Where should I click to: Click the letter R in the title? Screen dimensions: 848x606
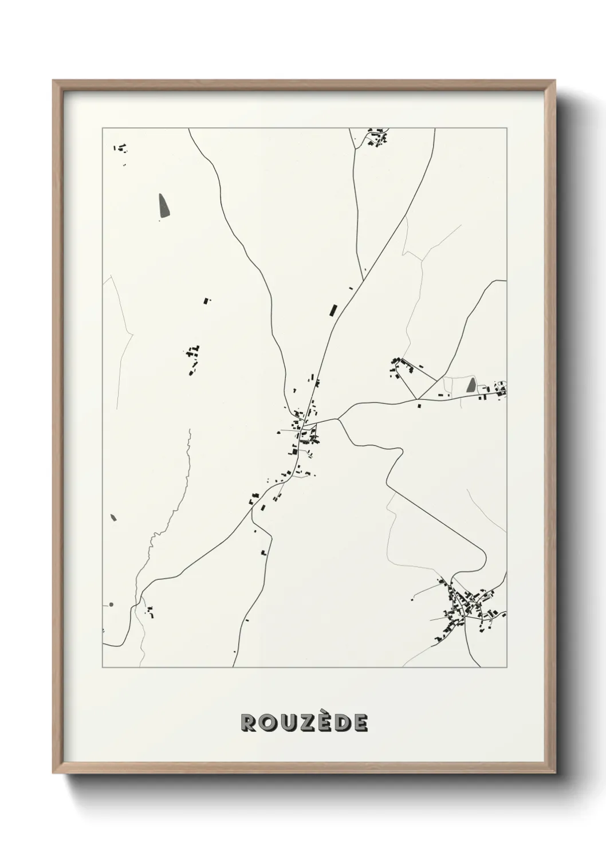249,723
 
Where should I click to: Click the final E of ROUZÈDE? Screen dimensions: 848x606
360,723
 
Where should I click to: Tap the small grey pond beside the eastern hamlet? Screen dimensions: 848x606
471,384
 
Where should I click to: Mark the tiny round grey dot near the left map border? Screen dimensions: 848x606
111,604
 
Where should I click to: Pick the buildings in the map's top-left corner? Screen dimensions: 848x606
121,148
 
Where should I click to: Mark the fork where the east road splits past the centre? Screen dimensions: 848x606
338,419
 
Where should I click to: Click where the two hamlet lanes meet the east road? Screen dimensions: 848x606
417,399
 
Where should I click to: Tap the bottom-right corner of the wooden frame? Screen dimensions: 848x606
555,774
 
